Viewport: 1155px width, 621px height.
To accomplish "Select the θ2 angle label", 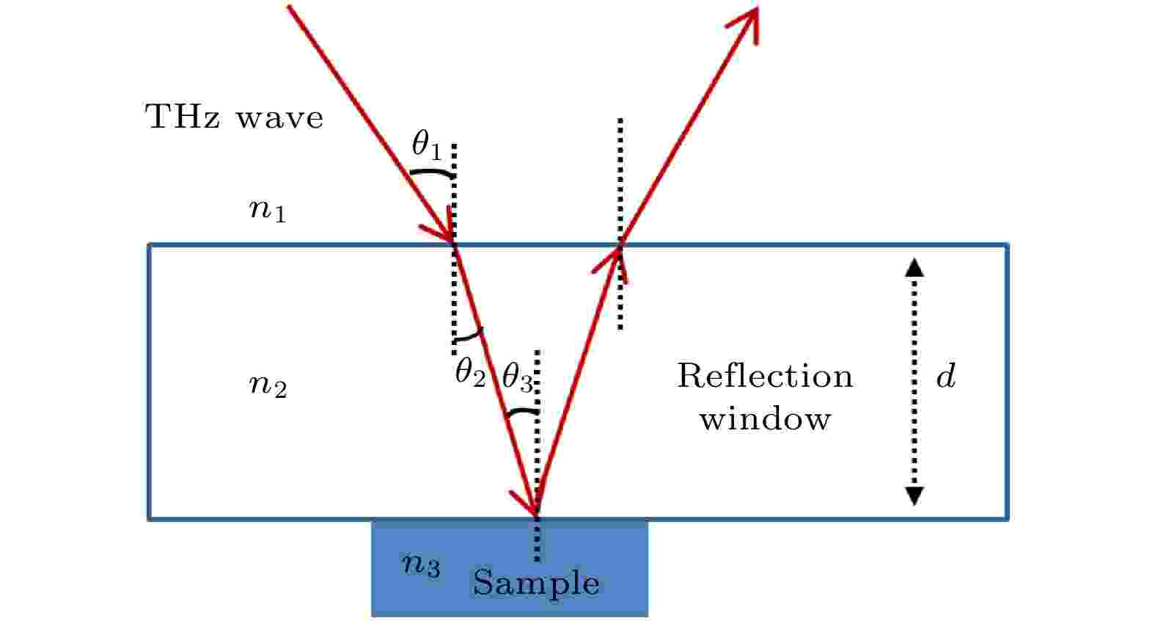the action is (x=470, y=372).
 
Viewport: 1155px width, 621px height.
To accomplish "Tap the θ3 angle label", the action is (x=518, y=377).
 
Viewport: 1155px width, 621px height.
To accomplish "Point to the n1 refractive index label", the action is (x=267, y=211).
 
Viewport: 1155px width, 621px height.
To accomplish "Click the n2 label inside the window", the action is (x=268, y=385).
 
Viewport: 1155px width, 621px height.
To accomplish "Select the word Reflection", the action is (x=765, y=376).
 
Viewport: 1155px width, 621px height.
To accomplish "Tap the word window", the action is (x=765, y=418).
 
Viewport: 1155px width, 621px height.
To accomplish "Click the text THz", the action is (x=183, y=117).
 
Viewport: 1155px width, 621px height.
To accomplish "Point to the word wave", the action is (x=279, y=118).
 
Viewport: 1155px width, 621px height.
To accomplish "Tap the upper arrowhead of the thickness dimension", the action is (x=914, y=268).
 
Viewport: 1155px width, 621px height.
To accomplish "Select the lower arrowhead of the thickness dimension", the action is (x=914, y=495).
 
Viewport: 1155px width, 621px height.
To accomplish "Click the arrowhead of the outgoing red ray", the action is (x=747, y=23).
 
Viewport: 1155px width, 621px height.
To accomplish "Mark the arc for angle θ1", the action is (x=432, y=172).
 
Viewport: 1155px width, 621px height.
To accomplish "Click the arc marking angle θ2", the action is (x=469, y=337).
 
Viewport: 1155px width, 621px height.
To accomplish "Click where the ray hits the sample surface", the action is (x=537, y=517).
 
